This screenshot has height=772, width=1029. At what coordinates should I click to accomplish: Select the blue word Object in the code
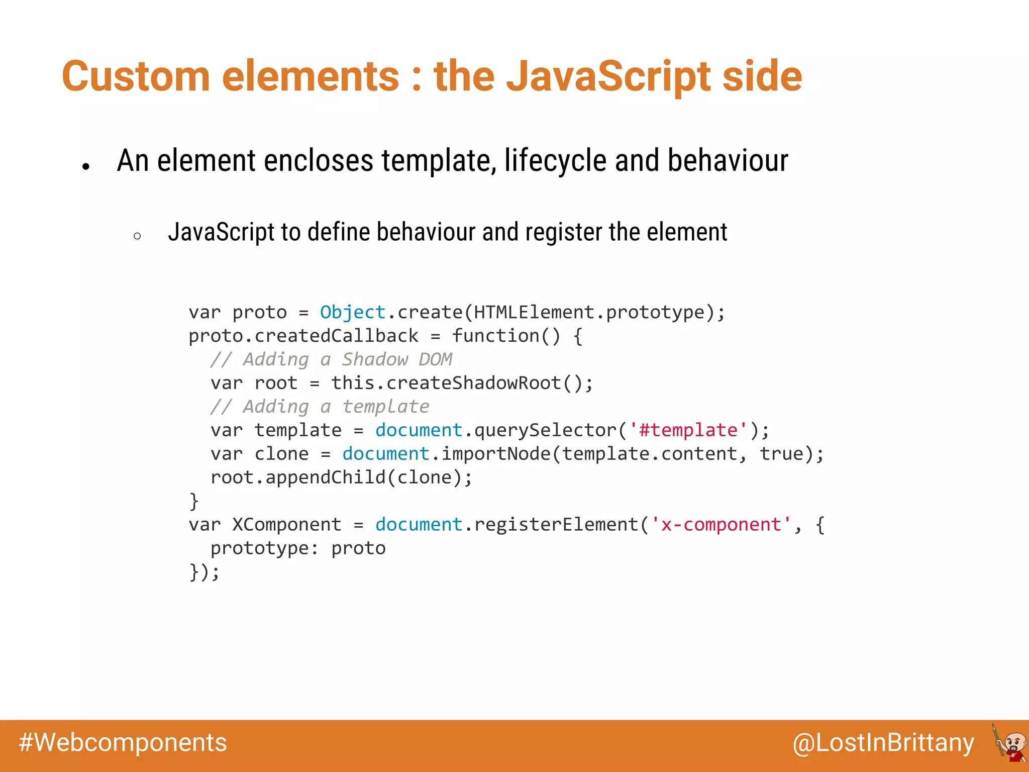coord(353,312)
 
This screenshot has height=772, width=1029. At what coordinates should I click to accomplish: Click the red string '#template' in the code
coord(688,430)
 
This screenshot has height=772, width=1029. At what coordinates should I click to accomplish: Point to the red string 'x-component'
coord(721,525)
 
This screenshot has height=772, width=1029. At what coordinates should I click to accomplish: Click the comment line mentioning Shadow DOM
coord(332,359)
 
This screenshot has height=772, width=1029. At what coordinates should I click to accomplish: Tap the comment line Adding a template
coord(320,407)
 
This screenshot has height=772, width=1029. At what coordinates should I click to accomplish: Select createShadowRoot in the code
coord(473,383)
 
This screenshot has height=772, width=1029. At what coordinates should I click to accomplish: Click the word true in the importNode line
coord(781,454)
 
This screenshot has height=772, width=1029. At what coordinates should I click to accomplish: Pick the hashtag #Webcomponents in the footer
coord(123,743)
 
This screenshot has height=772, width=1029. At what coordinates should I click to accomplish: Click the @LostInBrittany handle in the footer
coord(883,743)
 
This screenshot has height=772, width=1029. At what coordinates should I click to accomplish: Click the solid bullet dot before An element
coord(86,166)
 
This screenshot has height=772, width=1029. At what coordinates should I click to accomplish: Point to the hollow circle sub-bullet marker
coord(137,236)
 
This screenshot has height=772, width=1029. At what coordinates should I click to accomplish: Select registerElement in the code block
coord(556,525)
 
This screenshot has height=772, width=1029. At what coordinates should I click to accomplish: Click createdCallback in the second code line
coord(336,336)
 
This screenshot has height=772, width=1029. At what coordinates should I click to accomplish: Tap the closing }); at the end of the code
coord(204,572)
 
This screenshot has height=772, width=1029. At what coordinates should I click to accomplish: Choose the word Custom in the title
coord(136,76)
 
